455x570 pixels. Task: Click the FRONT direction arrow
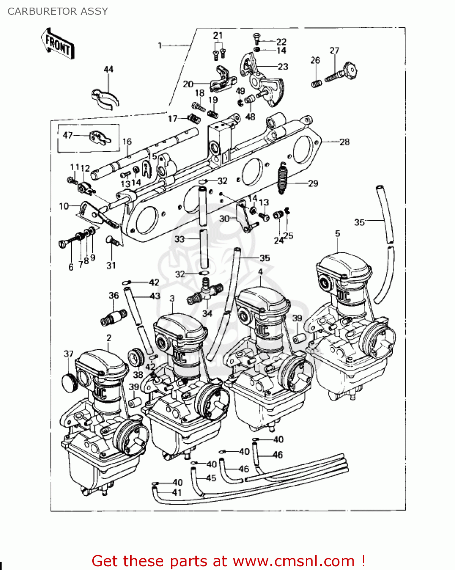[58, 44]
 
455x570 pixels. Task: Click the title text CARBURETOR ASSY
[58, 11]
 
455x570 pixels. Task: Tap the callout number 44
[108, 69]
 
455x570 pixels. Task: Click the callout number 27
[334, 51]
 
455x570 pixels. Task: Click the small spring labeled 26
[316, 83]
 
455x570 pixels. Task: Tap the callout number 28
[344, 142]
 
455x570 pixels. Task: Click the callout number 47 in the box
[68, 135]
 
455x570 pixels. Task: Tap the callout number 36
[114, 295]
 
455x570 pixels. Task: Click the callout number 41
[177, 493]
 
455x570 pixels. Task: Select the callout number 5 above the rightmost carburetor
[338, 233]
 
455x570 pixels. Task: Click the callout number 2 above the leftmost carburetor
[109, 337]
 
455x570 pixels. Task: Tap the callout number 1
[160, 46]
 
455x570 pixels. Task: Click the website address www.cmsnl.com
[294, 561]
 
